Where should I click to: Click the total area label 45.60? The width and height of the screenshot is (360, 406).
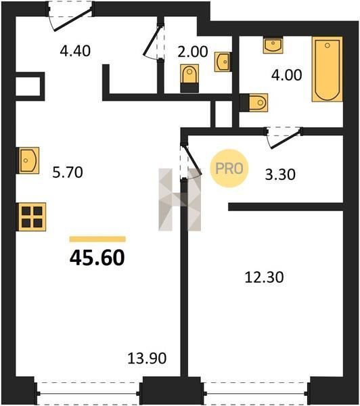(x=97, y=258)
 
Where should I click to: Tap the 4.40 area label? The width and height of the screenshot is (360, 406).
(x=75, y=51)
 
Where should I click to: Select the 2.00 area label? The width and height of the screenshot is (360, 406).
(x=192, y=51)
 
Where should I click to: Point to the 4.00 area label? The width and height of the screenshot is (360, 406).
(x=286, y=75)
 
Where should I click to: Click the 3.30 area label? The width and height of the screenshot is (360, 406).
(x=280, y=175)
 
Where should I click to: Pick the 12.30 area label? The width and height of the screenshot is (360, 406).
(x=264, y=277)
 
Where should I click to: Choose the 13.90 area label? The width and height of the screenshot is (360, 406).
(x=147, y=359)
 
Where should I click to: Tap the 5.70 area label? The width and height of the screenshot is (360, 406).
(x=68, y=172)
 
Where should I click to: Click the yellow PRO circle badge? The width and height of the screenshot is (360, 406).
(x=229, y=168)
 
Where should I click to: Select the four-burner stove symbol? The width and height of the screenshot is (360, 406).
(x=31, y=217)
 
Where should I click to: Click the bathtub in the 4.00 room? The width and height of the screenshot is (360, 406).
(x=328, y=69)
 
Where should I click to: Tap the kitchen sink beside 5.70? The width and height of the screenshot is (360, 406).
(x=28, y=160)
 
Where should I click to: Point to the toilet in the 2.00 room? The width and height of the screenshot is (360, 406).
(x=189, y=78)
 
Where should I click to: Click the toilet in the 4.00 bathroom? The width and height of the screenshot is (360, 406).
(x=254, y=103)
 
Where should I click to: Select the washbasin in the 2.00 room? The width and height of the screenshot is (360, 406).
(x=223, y=62)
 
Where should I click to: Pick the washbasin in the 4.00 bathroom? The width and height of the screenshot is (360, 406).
(x=273, y=45)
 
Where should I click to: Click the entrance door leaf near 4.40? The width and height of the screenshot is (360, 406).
(x=72, y=20)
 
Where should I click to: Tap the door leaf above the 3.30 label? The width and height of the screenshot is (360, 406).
(x=286, y=139)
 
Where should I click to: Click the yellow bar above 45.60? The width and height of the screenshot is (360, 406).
(x=97, y=239)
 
